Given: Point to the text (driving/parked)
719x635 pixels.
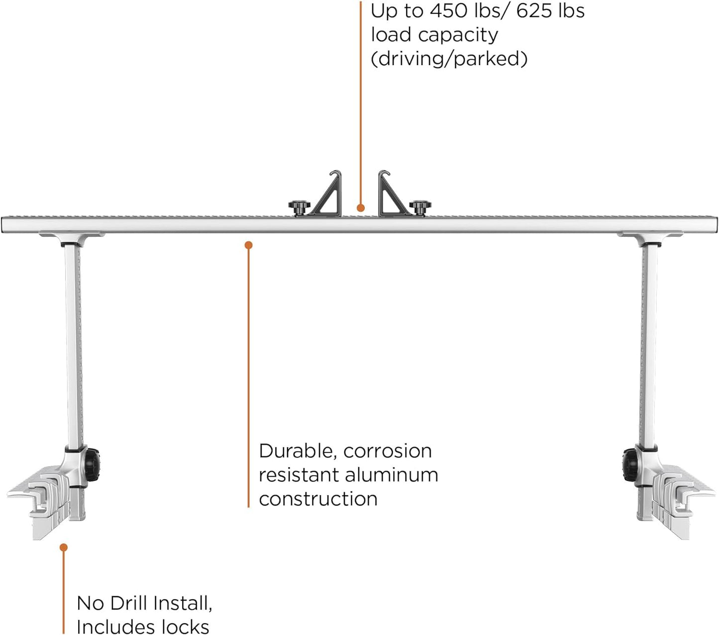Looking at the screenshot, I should pyautogui.click(x=449, y=59).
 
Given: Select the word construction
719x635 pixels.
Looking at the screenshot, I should pyautogui.click(x=318, y=499).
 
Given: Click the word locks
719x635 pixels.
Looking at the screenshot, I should pyautogui.click(x=185, y=627).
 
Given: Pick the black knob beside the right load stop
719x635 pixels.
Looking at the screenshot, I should pyautogui.click(x=420, y=206).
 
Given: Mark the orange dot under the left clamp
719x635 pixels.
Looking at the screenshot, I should pyautogui.click(x=63, y=547).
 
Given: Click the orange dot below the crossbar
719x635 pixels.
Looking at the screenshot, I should pyautogui.click(x=248, y=245).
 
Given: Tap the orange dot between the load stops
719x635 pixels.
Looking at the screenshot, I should pyautogui.click(x=360, y=208).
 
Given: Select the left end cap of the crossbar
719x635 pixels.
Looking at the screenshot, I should pyautogui.click(x=4, y=225).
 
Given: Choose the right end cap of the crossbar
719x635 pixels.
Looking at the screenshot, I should pyautogui.click(x=716, y=225).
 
